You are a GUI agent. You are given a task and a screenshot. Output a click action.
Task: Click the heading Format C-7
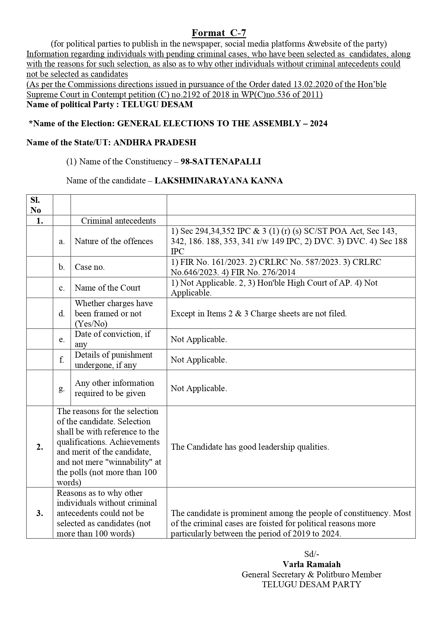click(219, 33)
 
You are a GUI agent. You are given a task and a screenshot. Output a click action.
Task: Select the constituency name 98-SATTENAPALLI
click(221, 162)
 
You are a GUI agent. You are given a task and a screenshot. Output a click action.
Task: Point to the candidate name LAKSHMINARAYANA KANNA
click(218, 181)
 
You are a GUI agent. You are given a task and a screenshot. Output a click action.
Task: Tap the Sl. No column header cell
click(36, 205)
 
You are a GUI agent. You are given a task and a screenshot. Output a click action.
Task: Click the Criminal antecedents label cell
click(118, 221)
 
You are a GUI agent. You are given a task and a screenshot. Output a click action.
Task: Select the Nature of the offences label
click(114, 241)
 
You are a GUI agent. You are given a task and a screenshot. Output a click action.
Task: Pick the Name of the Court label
click(107, 288)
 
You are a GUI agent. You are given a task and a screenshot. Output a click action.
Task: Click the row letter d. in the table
click(62, 314)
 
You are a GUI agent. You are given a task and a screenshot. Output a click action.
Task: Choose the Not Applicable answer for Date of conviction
click(199, 339)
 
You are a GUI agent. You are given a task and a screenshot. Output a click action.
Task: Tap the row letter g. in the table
click(62, 388)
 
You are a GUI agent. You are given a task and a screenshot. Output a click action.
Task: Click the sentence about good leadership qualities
click(250, 447)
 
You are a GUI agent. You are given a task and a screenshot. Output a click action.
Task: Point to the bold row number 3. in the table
click(40, 513)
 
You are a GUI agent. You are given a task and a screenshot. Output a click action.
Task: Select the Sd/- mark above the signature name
click(312, 554)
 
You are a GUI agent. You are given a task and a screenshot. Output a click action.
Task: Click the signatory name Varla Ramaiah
click(311, 564)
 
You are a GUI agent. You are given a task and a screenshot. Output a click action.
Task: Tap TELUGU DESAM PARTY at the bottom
click(311, 584)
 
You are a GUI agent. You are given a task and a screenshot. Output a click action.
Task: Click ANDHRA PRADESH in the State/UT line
click(155, 142)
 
